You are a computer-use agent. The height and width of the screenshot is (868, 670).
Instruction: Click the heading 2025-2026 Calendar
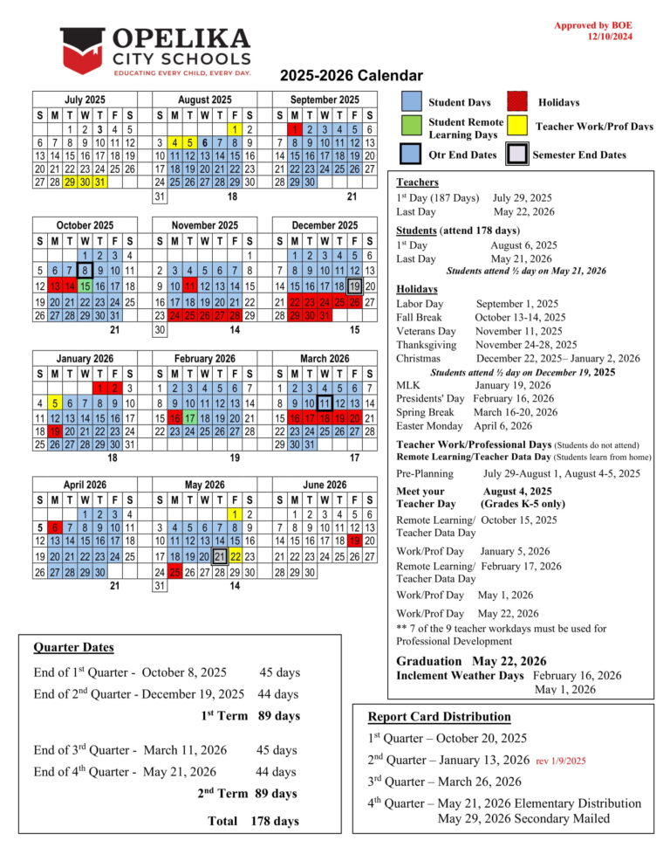coord(352,76)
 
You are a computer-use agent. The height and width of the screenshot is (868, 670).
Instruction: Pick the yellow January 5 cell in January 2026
coord(55,403)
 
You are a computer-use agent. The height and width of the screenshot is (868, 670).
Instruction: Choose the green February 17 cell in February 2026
coord(190,419)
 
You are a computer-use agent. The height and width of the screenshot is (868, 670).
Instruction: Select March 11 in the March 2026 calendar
coord(325,403)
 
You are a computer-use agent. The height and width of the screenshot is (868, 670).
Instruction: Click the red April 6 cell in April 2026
coord(55,527)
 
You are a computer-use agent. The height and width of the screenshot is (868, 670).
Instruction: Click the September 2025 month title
coord(325,100)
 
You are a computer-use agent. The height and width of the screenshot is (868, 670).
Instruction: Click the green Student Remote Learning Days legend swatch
coord(412,127)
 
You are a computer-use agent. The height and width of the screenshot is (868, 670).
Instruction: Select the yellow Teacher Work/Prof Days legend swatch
coord(519,127)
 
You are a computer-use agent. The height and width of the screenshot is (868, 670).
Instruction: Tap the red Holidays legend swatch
coord(519,102)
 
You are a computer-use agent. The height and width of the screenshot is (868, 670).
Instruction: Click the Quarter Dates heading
coord(73,647)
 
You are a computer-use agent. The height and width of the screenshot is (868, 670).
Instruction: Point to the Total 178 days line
coord(253,821)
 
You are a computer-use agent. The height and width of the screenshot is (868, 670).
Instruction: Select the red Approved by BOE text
coord(592,25)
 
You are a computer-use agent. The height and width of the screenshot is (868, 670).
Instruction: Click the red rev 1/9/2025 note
coord(561,761)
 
